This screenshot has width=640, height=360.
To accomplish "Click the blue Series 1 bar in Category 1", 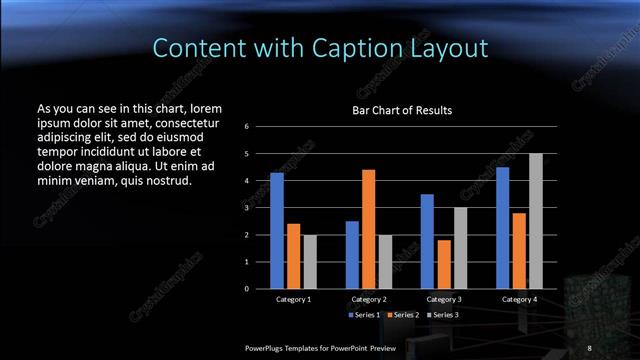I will (277, 230).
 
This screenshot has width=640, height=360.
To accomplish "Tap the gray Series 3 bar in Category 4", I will (536, 220).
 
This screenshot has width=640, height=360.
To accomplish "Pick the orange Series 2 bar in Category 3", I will (444, 264).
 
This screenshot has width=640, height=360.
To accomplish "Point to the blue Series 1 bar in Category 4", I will (503, 227).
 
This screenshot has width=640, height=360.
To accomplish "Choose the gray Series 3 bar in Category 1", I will (309, 261).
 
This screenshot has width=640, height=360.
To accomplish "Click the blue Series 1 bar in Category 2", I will (352, 254).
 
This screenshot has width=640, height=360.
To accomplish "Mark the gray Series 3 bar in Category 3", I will (460, 247).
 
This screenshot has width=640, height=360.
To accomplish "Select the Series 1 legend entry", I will (365, 315).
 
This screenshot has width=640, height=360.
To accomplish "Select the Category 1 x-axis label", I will (293, 299).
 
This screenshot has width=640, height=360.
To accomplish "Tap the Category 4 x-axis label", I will (519, 299).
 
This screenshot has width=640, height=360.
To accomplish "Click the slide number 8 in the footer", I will (589, 346).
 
